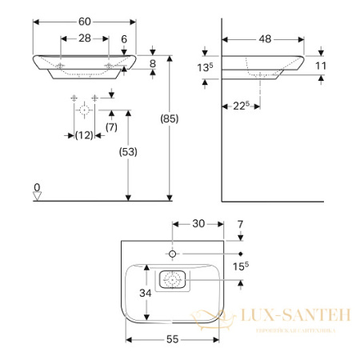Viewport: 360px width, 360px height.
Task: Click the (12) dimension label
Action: [x=84, y=134]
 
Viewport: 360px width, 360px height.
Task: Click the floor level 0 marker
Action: [x=37, y=190]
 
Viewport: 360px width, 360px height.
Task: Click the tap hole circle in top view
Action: [x=173, y=254]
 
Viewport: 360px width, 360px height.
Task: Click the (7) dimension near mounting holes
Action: [x=112, y=126]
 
